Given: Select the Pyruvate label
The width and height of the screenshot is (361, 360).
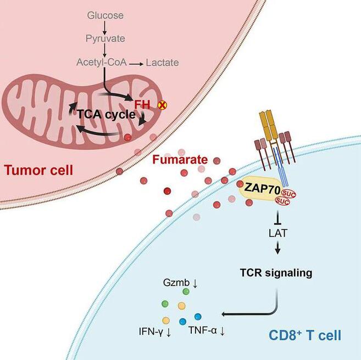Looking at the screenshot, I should coord(105,38).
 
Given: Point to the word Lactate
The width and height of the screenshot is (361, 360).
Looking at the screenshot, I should coord(162,63).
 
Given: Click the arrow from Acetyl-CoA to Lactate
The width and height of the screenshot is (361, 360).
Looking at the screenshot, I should coord(136,63).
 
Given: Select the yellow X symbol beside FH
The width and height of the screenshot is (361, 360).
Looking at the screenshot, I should coord(163,103).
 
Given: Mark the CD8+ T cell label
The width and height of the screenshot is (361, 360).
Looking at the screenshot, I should coord(305,334).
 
